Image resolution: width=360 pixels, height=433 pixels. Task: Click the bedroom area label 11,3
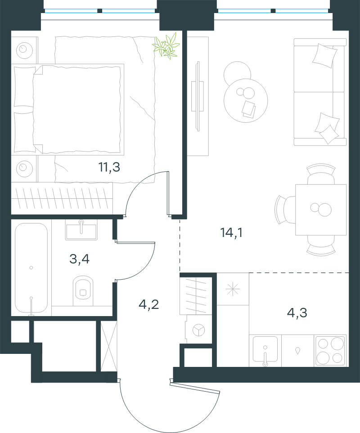point(109,167)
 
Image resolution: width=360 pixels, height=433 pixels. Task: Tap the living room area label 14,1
point(232,233)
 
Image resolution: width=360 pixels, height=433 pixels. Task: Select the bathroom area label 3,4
point(79,259)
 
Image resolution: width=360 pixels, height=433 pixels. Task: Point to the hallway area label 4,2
point(148,304)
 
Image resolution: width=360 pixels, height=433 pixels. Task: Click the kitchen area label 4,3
point(297,313)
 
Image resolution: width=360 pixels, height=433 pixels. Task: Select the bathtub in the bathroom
point(31,268)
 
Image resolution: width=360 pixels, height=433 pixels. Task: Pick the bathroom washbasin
point(81,230)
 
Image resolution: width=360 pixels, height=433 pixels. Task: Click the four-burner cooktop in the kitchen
point(330,351)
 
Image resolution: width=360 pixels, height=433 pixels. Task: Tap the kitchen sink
point(265,349)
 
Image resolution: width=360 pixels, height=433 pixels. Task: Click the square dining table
point(321,210)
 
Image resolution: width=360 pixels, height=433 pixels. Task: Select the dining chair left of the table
point(285,210)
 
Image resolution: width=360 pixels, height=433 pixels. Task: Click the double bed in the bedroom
point(67,109)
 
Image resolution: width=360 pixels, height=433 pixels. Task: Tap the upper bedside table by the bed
point(24,50)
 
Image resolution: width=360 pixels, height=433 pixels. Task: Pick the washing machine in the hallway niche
point(198,330)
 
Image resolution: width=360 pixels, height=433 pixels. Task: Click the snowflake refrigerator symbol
point(233,289)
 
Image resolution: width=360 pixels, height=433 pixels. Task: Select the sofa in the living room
point(320,92)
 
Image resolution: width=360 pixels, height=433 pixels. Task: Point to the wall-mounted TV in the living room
point(198,96)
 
